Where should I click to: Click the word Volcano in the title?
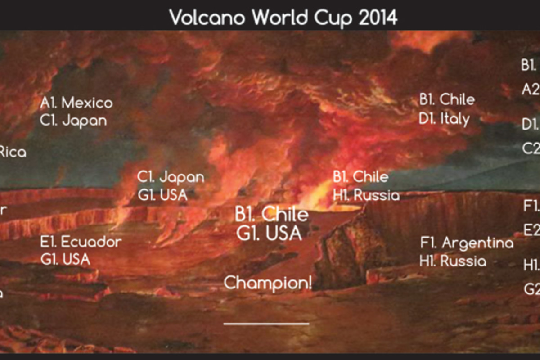pyautogui.click(x=207, y=18)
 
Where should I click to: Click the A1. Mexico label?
pyautogui.click(x=76, y=103)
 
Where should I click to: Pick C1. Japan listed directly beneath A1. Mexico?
pyautogui.click(x=73, y=121)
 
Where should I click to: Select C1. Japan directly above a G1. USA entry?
pyautogui.click(x=171, y=177)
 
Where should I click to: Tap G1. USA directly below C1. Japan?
pyautogui.click(x=162, y=195)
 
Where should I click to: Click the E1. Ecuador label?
pyautogui.click(x=81, y=242)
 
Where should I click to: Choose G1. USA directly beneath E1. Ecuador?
pyautogui.click(x=65, y=259)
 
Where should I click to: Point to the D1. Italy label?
pyautogui.click(x=444, y=119)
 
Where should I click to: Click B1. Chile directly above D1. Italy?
pyautogui.click(x=447, y=99)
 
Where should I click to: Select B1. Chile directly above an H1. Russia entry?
pyautogui.click(x=360, y=177)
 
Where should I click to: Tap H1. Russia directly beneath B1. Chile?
pyautogui.click(x=366, y=195)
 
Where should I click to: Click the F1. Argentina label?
pyautogui.click(x=467, y=243)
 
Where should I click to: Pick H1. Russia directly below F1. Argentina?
pyautogui.click(x=453, y=261)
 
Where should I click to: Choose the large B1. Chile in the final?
pyautogui.click(x=271, y=214)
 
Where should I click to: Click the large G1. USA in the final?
pyautogui.click(x=269, y=234)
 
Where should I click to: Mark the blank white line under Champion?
pyautogui.click(x=266, y=323)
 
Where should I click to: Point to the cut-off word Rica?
pyautogui.click(x=13, y=152)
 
